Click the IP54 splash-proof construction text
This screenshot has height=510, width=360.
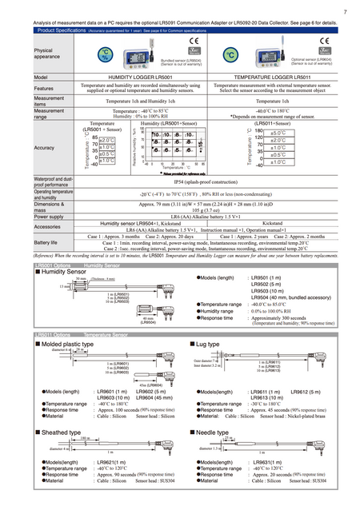pyautogui.click(x=202, y=182)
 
